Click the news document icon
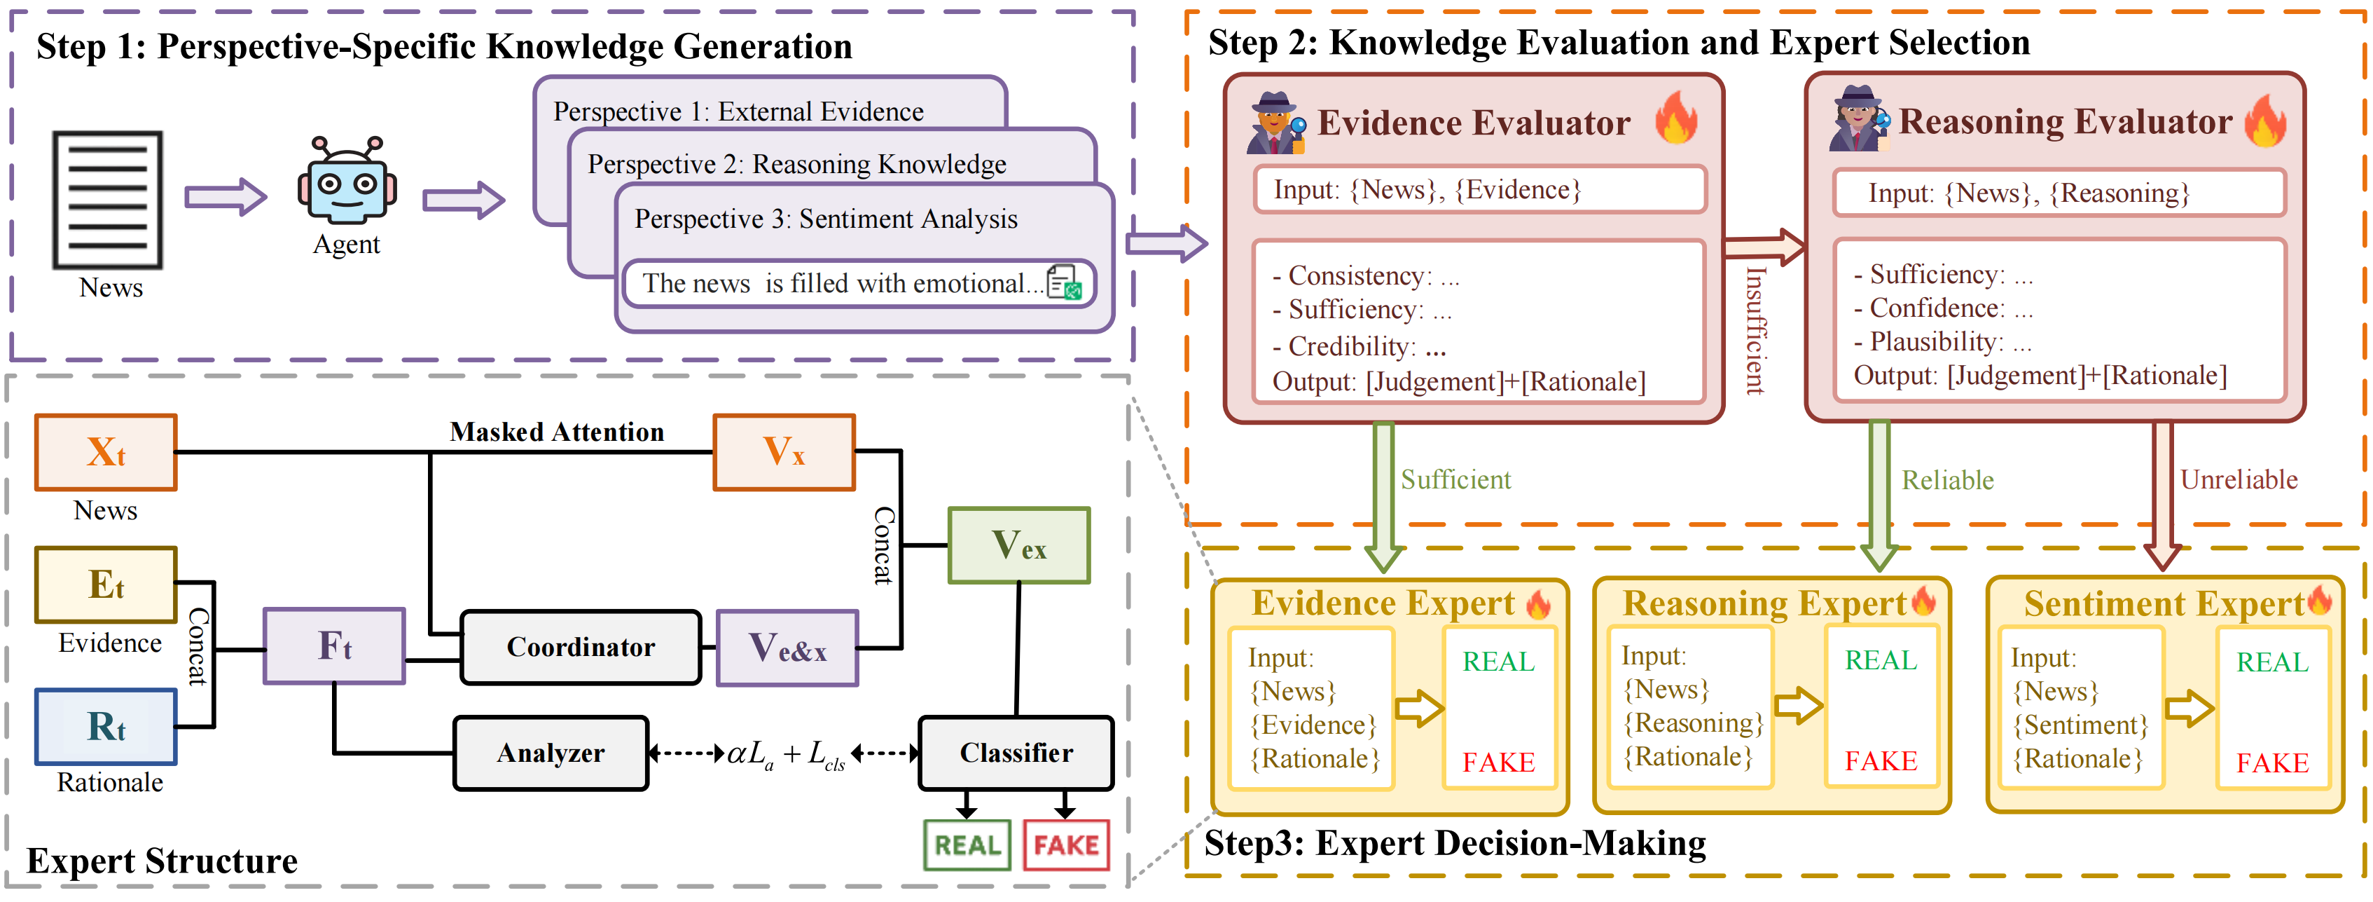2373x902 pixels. point(108,199)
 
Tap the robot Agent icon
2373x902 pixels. point(347,181)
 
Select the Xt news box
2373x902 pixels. point(106,452)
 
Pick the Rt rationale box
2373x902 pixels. point(106,727)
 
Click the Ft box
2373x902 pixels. point(334,646)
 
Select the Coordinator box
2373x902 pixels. point(581,647)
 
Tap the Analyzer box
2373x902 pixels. point(551,753)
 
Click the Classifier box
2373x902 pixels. point(1016,753)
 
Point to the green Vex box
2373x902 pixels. point(1019,545)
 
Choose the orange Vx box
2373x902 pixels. point(784,452)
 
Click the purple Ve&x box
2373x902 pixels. point(788,648)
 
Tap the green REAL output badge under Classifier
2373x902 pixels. point(967,845)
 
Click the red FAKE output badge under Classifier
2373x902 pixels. point(1066,845)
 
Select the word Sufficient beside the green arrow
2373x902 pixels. point(1455,480)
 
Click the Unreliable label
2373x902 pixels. point(2239,480)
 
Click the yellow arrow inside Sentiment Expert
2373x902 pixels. point(2189,709)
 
